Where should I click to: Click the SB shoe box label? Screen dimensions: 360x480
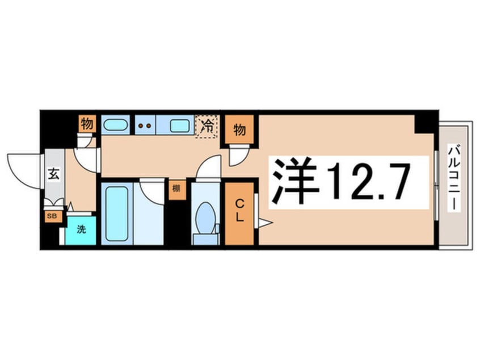[52, 216]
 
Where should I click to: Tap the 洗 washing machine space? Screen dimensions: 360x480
[81, 230]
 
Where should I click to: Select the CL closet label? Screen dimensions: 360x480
[239, 211]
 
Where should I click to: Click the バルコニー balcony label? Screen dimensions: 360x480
[453, 178]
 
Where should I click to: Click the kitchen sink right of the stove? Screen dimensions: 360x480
[180, 125]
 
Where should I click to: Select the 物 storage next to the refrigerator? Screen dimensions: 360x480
[239, 130]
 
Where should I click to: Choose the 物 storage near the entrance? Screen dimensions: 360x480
[86, 123]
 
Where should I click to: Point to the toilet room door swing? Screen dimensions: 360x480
[208, 168]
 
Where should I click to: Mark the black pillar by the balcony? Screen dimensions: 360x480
[425, 122]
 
